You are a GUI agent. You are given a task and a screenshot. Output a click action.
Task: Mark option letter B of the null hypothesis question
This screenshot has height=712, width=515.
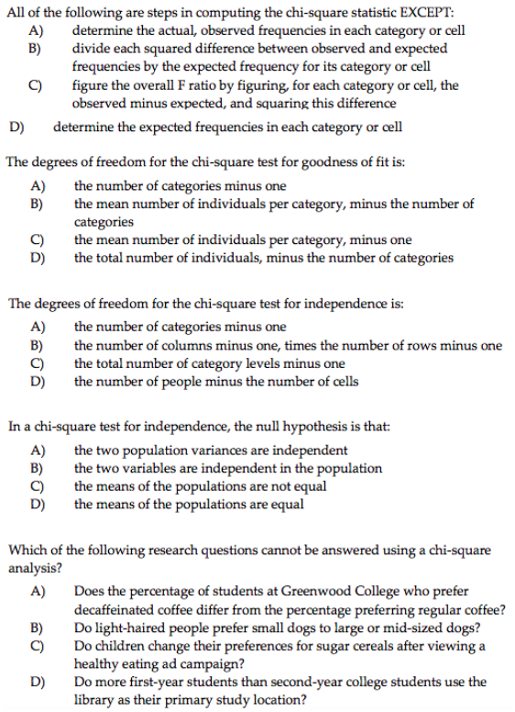coord(38,468)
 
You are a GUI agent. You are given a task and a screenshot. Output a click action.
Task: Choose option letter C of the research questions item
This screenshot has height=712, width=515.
coord(38,646)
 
